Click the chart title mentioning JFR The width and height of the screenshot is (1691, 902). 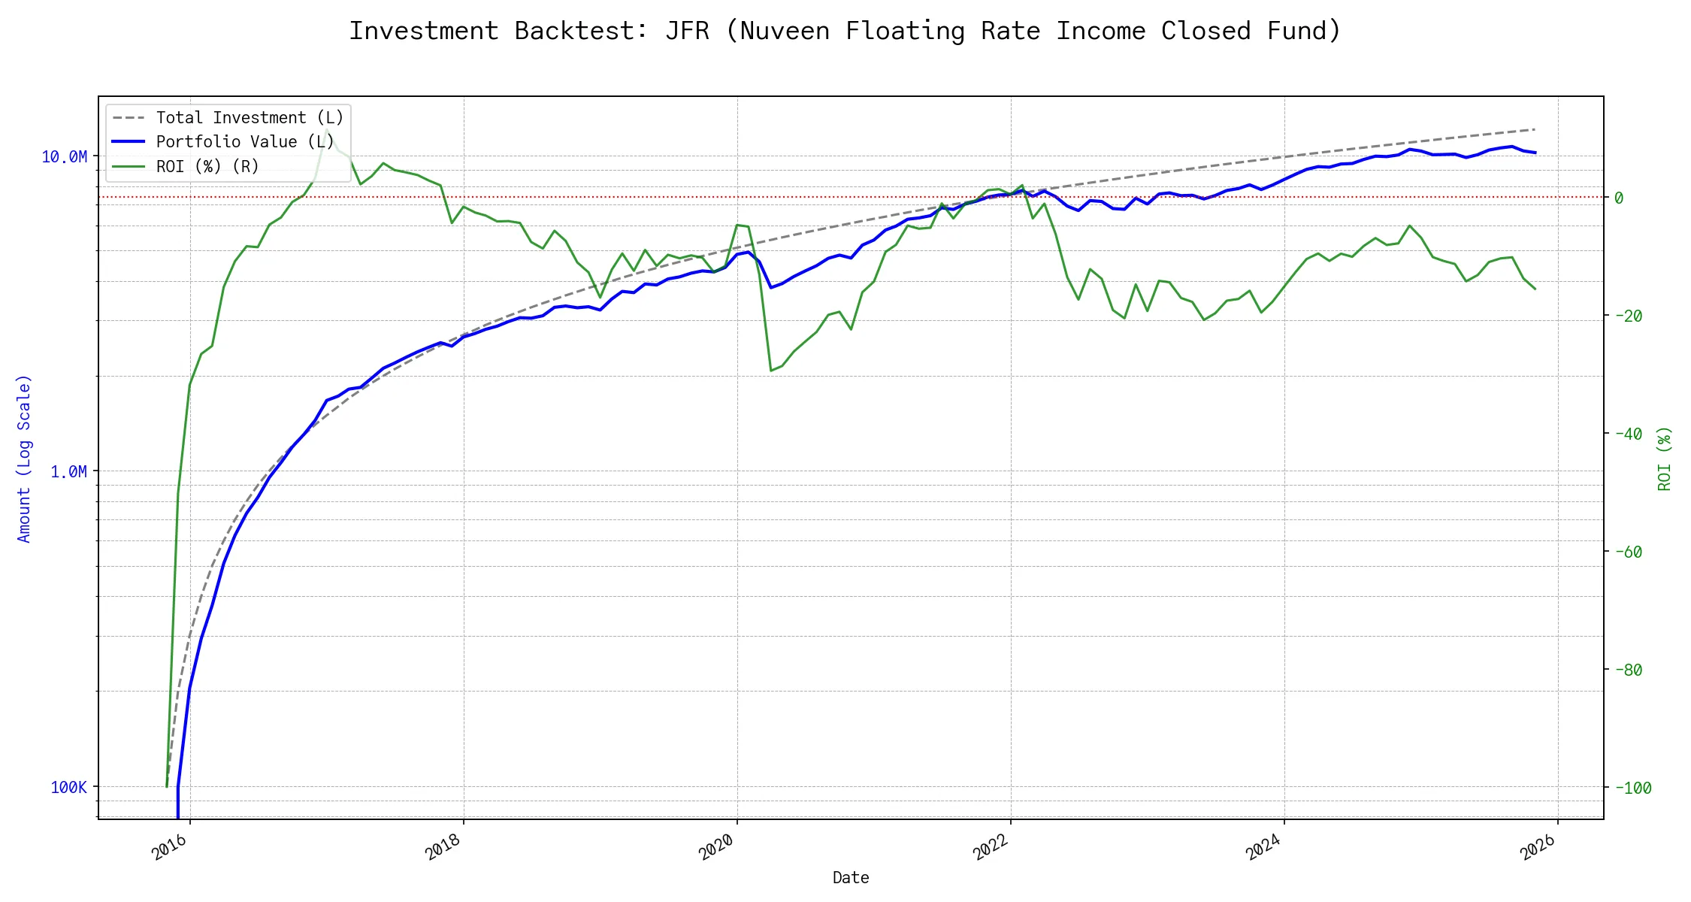pos(845,32)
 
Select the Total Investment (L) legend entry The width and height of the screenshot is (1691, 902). pos(249,118)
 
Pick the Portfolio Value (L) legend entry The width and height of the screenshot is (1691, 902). pos(244,142)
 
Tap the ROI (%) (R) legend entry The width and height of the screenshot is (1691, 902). pos(207,166)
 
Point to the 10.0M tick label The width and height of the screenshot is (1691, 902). pos(64,156)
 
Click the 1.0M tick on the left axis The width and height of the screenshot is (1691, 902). pos(68,471)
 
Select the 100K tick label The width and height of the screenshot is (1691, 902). pos(68,787)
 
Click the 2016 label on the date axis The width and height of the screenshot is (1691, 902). pos(170,847)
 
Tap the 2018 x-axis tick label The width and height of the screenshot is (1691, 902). pos(443,847)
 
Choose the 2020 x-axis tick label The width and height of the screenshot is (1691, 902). pos(717,847)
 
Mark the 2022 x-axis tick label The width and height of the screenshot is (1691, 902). pos(991,847)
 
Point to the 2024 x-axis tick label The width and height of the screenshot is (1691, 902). pos(1264,847)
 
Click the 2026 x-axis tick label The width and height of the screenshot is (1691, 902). pos(1538,847)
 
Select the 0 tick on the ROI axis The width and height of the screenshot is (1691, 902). pos(1619,198)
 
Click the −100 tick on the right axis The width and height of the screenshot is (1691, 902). pos(1632,788)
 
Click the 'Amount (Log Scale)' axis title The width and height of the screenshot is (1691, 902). pos(24,459)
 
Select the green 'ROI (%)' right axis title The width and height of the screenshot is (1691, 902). pos(1665,459)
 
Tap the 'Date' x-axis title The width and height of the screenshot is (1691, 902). pos(851,878)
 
